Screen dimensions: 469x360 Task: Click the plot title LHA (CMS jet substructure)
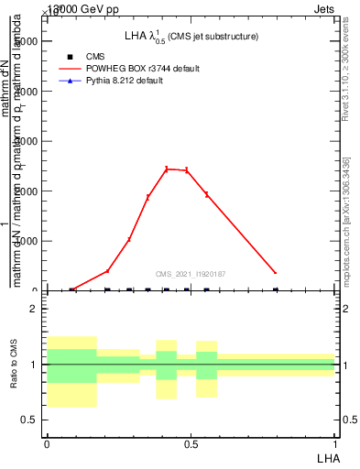[x=191, y=36]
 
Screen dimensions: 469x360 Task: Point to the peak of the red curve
[x=167, y=169]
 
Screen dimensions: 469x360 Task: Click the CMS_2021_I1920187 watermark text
[x=191, y=274]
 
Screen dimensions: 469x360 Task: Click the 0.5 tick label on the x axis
[x=191, y=443]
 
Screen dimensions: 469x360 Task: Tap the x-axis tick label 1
[x=335, y=443]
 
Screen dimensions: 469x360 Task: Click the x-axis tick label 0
[x=47, y=443]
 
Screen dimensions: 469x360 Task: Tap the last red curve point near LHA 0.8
[x=275, y=273]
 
